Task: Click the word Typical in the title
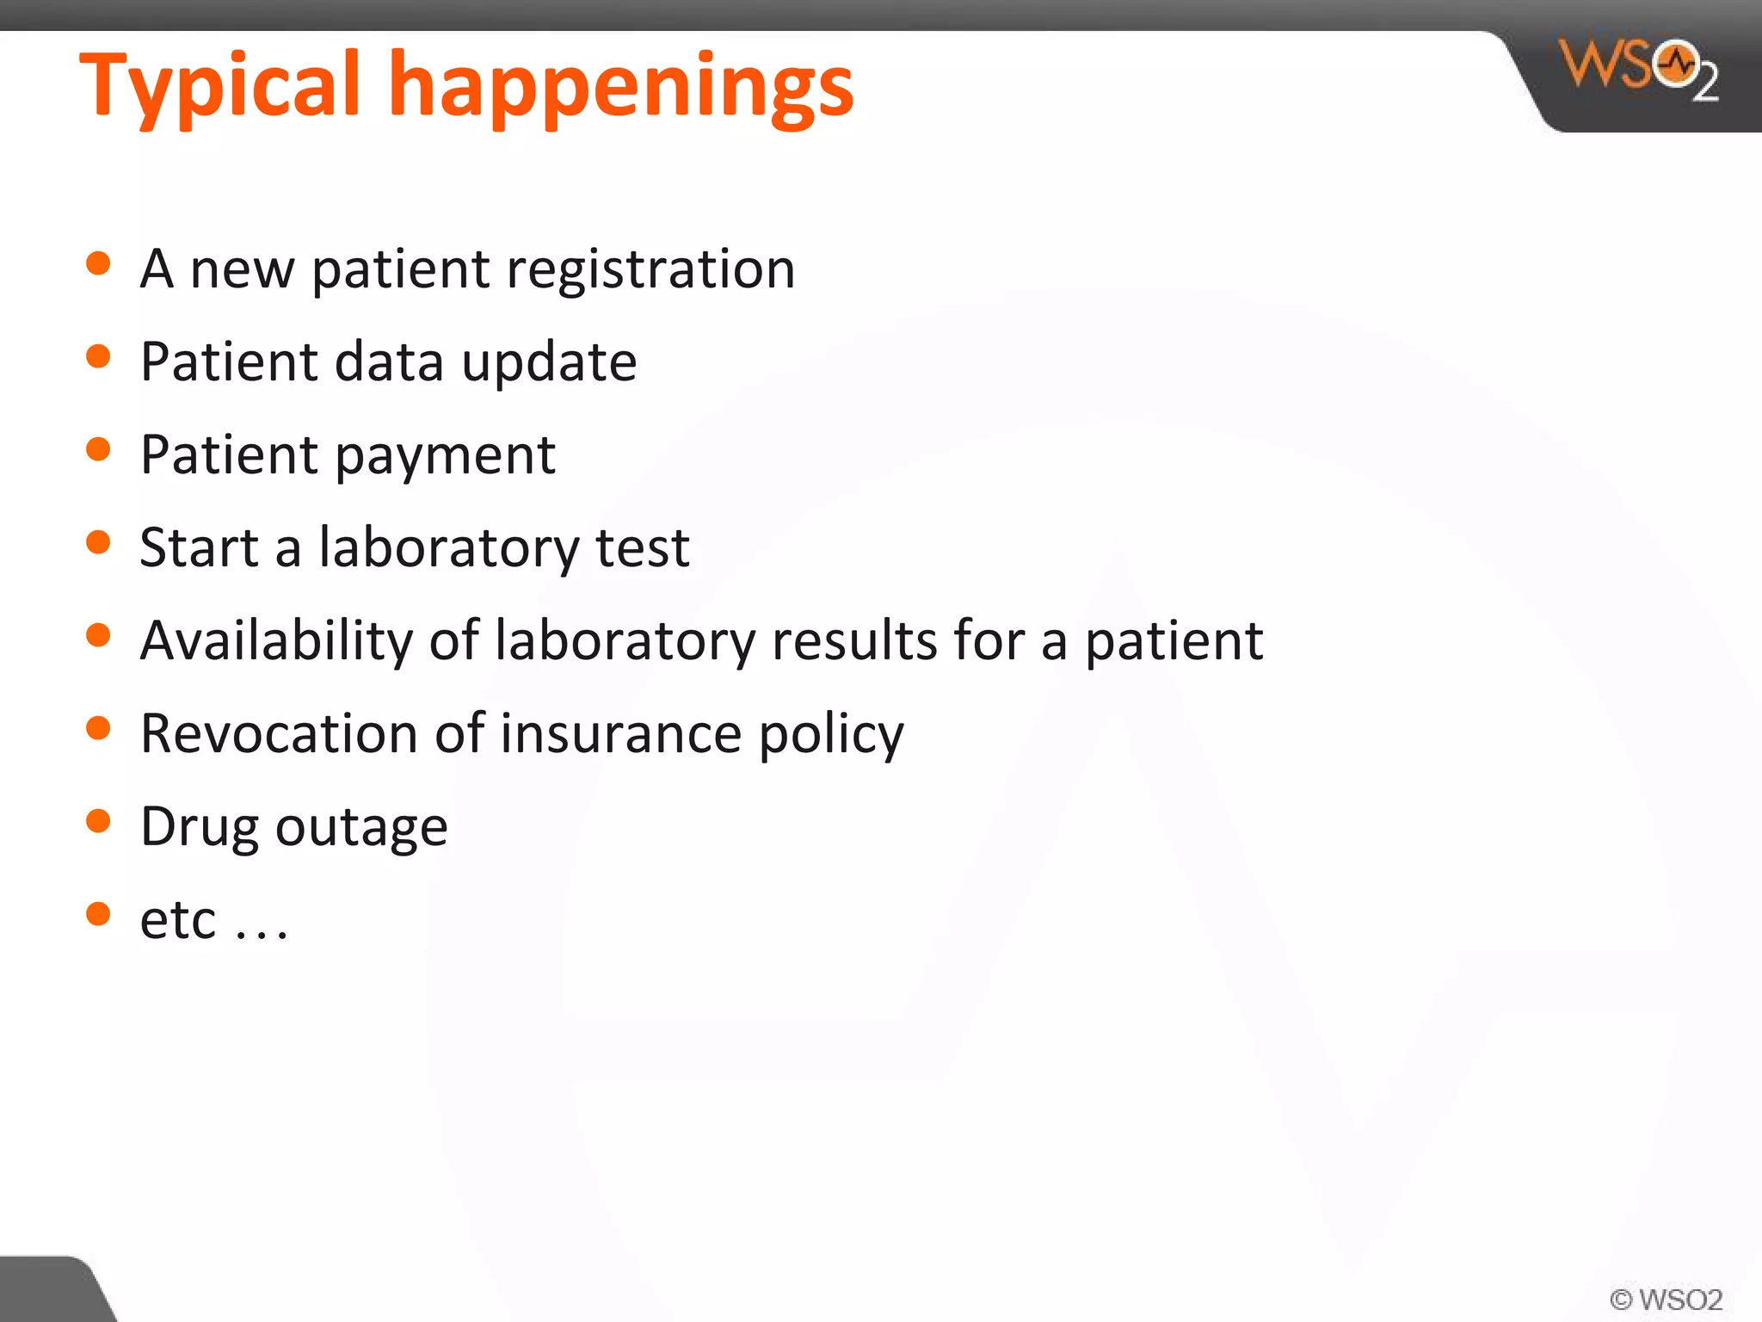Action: pos(219,86)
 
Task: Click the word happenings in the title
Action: pos(621,86)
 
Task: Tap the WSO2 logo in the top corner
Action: pos(1639,69)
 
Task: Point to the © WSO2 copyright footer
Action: pos(1666,1299)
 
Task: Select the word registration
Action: pos(650,269)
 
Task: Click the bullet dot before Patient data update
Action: pos(99,356)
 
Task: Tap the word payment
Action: pos(445,456)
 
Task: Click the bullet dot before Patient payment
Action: pos(99,449)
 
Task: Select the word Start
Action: pos(199,547)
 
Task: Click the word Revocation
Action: pos(279,733)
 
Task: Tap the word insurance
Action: pos(620,733)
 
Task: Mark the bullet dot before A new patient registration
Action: pos(99,263)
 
